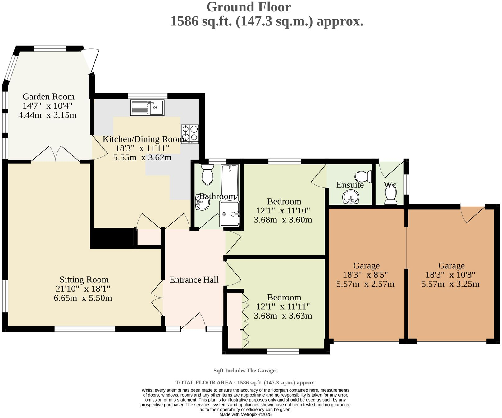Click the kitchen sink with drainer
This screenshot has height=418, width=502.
pyautogui.click(x=147, y=108)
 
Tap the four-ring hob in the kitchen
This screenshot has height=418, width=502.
pyautogui.click(x=190, y=134)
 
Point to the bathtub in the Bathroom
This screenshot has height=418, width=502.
pyautogui.click(x=230, y=182)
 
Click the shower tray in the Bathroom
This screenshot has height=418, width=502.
pyautogui.click(x=230, y=214)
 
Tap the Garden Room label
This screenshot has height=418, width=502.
pyautogui.click(x=48, y=97)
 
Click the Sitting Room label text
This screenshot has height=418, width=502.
pyautogui.click(x=84, y=280)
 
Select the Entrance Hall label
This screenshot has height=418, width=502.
pyautogui.click(x=194, y=280)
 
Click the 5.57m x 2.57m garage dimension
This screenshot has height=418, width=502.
pyautogui.click(x=365, y=284)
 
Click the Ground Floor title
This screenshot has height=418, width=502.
pyautogui.click(x=249, y=7)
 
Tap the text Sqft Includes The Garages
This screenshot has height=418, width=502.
pyautogui.click(x=245, y=370)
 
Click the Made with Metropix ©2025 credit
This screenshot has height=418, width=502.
pyautogui.click(x=245, y=414)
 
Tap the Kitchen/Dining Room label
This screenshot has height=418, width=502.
pyautogui.click(x=143, y=139)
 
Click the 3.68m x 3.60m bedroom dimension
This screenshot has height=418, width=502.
pyautogui.click(x=283, y=220)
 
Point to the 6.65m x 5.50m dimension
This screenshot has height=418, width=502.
pyautogui.click(x=83, y=298)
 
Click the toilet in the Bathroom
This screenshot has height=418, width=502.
pyautogui.click(x=207, y=175)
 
